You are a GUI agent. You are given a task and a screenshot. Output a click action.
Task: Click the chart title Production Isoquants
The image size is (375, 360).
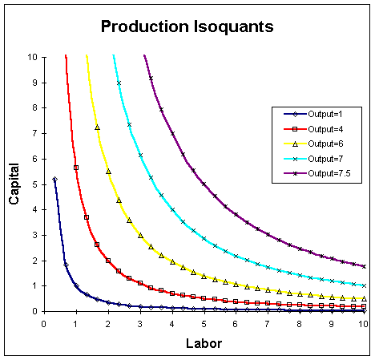[187, 26]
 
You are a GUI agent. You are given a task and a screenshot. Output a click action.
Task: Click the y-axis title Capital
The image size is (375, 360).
[14, 184]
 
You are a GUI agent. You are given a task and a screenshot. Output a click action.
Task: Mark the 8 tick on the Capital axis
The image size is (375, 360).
[33, 107]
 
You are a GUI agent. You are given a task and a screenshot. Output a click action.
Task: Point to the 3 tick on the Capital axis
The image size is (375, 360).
[33, 235]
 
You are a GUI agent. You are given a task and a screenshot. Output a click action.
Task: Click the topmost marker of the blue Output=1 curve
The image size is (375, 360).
[54, 179]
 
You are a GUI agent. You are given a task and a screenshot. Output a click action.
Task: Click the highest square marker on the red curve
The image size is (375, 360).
[76, 167]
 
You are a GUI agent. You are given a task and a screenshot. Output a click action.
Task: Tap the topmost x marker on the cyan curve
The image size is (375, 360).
[119, 83]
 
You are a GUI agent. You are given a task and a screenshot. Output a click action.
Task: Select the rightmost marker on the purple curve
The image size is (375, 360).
[364, 266]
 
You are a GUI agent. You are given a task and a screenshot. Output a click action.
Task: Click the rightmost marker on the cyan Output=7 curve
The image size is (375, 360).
[364, 285]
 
